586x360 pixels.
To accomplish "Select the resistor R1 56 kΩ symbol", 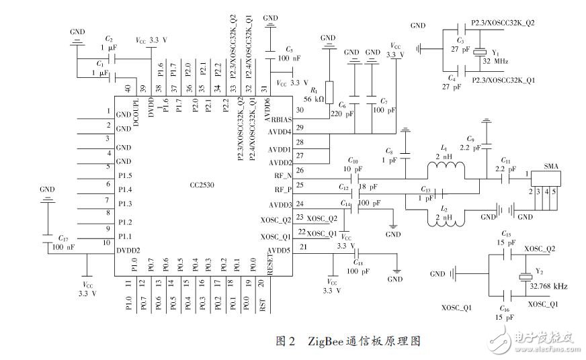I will (329, 92).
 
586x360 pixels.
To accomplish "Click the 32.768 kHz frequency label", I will (548, 286).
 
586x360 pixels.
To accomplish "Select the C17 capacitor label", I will (63, 238).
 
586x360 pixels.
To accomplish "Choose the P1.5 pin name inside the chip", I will (126, 175).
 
